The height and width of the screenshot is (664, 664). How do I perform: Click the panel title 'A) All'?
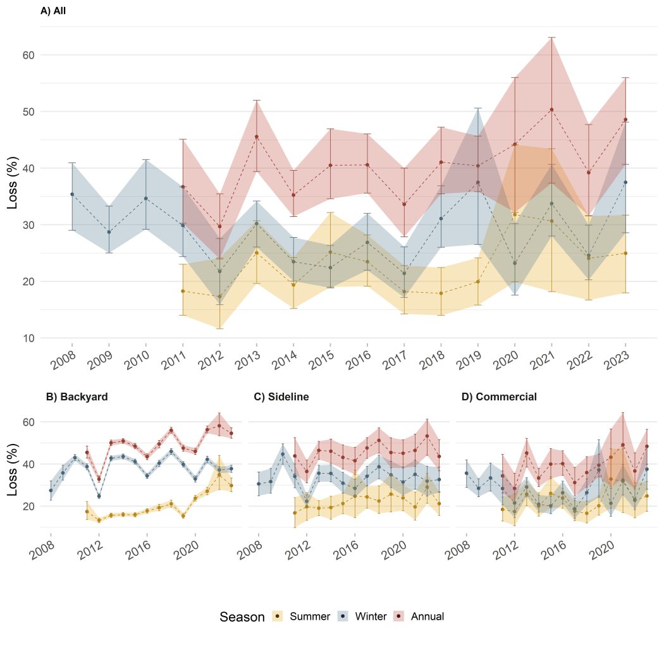53,10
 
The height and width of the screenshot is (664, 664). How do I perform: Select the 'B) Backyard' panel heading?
77,397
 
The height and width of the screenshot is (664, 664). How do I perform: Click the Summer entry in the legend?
309,617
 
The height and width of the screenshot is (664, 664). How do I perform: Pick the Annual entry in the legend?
427,617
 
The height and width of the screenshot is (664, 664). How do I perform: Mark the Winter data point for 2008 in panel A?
72,194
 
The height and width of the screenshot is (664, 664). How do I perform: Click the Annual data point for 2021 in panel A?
551,109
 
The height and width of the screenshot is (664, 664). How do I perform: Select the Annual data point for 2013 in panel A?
256,137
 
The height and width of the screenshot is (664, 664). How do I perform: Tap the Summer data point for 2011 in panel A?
183,291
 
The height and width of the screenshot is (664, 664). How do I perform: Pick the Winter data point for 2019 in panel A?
477,183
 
